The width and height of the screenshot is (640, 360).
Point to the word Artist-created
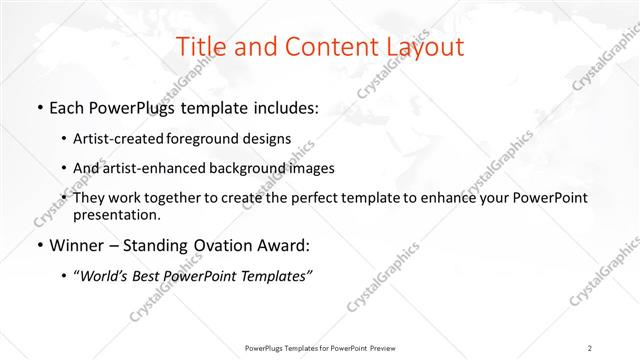(114, 138)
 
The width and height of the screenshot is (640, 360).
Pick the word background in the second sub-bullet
(247, 168)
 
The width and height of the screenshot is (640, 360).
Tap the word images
(306, 168)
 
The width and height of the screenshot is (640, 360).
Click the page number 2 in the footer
(590, 347)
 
